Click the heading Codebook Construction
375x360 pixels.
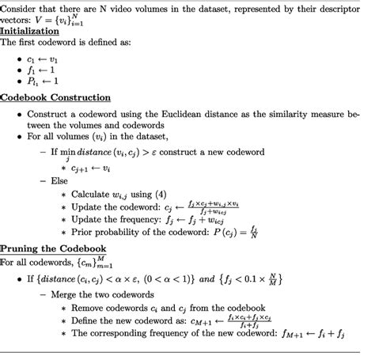point(55,97)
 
